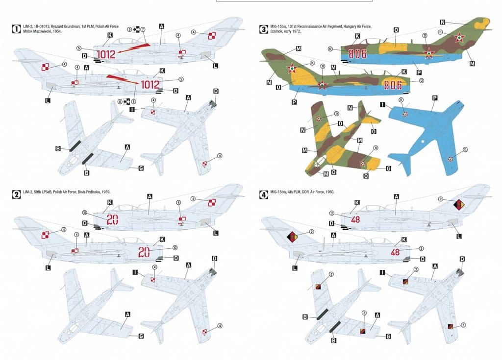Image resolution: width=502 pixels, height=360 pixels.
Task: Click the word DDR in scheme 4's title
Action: point(314,192)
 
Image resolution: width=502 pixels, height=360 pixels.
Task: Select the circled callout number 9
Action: point(129,29)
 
